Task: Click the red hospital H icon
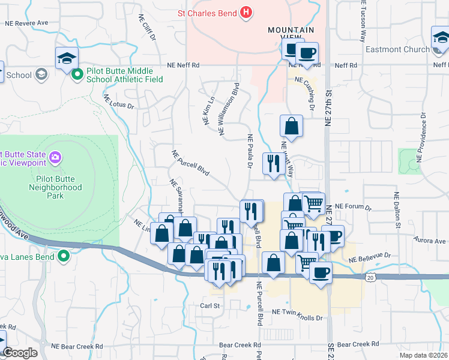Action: click(x=245, y=12)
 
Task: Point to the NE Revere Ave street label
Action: click(x=26, y=23)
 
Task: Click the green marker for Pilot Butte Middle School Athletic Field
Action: click(x=77, y=74)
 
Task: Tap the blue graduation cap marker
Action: click(x=67, y=58)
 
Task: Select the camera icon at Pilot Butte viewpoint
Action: click(x=55, y=158)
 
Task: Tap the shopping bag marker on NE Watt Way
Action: click(x=291, y=127)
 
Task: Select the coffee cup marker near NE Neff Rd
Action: click(x=307, y=53)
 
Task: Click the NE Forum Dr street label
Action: click(x=354, y=207)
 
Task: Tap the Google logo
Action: click(x=20, y=353)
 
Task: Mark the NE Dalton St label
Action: click(x=397, y=210)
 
